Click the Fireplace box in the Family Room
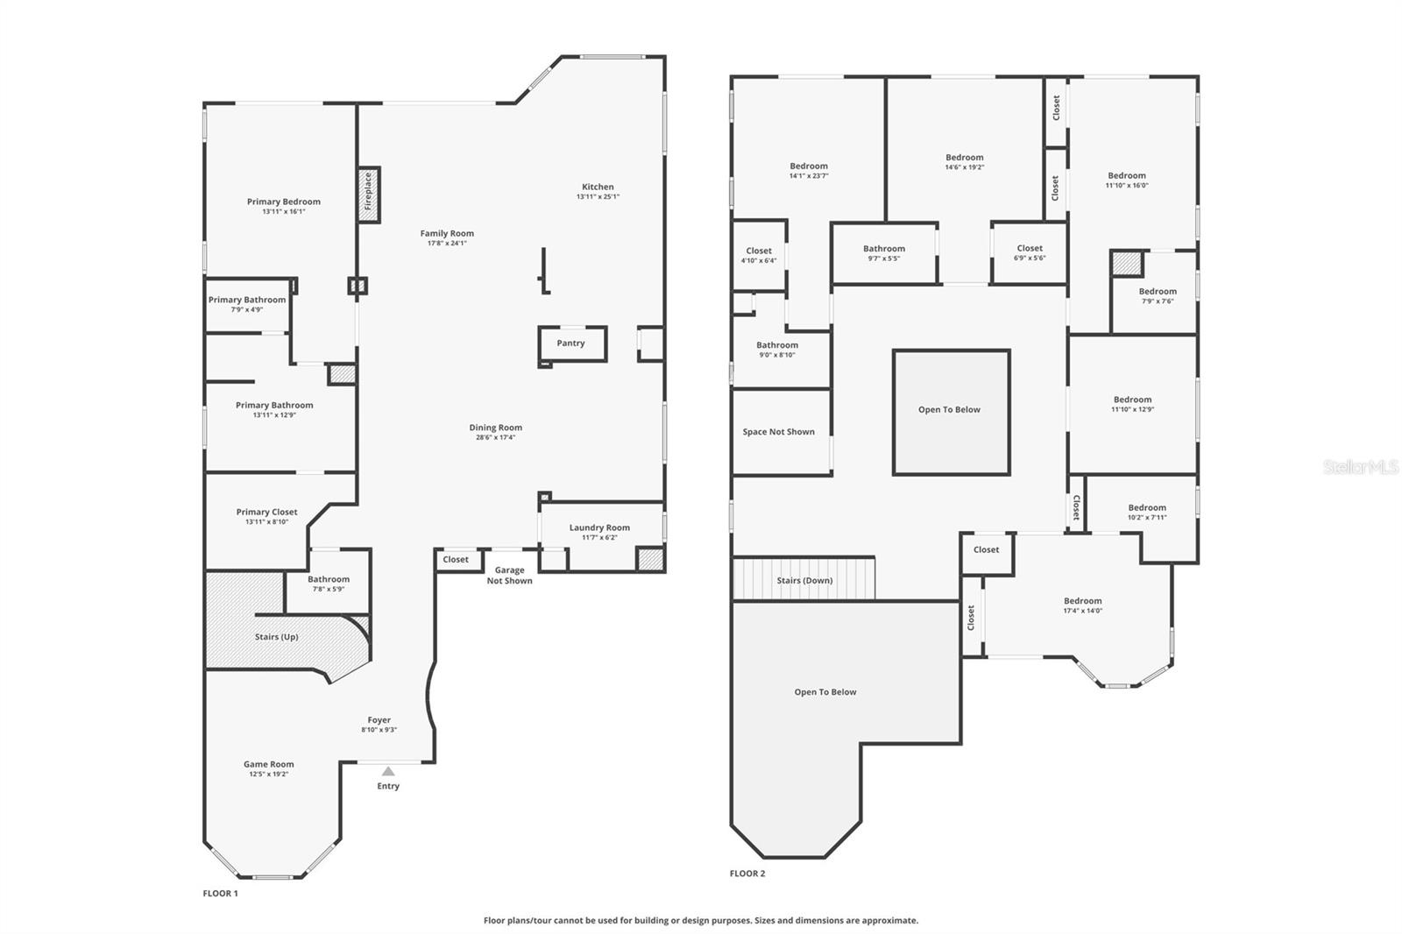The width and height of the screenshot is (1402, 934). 368,195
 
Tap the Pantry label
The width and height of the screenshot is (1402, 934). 570,343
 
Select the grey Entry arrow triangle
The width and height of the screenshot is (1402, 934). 388,771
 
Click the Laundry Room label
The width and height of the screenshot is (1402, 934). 599,527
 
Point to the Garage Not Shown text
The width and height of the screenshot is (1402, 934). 509,576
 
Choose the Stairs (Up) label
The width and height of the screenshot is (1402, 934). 277,637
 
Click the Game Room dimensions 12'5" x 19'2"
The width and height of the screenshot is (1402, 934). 268,775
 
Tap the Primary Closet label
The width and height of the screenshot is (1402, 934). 266,513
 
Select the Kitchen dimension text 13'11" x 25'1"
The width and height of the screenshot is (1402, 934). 598,197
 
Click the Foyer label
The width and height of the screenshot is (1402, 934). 379,720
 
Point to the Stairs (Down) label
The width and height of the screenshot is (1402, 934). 804,581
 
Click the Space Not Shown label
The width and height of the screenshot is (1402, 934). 778,432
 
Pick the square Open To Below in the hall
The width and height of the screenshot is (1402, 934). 950,410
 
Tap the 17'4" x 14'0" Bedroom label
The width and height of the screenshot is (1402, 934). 1083,602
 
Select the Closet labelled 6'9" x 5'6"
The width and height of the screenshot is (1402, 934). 1030,249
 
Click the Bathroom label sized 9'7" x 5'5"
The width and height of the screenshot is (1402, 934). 884,249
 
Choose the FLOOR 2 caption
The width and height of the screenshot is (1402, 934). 747,874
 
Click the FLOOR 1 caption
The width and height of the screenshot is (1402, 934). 220,894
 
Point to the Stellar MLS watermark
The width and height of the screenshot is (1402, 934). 1360,468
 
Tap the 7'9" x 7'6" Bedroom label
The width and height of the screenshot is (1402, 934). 1158,292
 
